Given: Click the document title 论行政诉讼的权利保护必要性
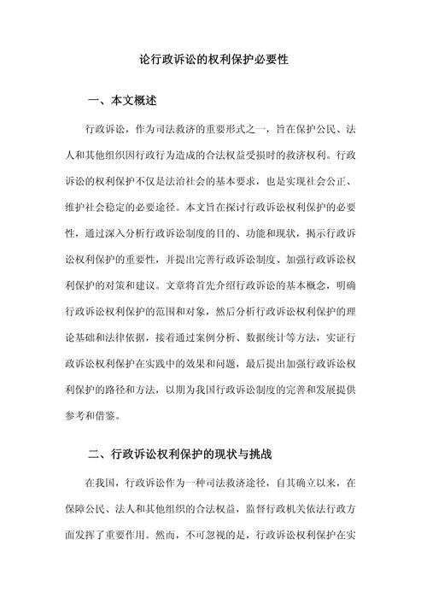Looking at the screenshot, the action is click(x=213, y=63).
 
